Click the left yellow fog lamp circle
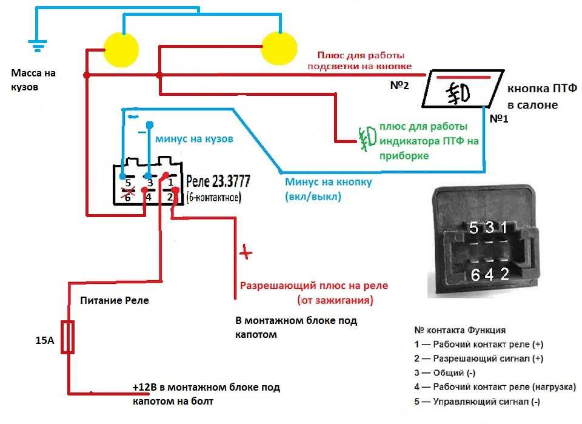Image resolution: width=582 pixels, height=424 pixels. coord(121,50)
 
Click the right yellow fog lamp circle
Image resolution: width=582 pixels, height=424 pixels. coord(279,49)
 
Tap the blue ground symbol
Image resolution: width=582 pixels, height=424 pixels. coord(38,45)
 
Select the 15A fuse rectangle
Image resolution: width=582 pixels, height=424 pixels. coord(67,337)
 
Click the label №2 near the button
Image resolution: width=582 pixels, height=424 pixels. coord(400,86)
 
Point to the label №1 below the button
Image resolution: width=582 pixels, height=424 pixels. coord(499,119)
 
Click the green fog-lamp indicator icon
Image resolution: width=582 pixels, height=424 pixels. coord(367,140)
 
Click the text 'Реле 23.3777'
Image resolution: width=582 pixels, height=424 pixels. coord(218,181)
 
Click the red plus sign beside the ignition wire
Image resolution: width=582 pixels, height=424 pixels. coord(246,252)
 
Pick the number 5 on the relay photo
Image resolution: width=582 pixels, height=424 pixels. coord(473,227)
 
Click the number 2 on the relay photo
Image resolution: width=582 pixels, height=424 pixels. coord(504,274)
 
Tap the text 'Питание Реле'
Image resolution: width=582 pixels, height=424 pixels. coord(115,300)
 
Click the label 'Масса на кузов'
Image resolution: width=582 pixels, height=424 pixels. coord(33,80)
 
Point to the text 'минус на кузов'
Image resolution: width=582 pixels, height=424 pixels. coord(194,139)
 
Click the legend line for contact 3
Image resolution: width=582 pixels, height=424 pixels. coord(444,373)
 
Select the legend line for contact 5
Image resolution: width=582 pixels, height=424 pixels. coord(477,402)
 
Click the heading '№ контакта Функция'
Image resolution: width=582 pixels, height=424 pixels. coord(460,330)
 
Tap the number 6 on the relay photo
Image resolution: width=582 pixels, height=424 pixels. coord(475,275)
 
